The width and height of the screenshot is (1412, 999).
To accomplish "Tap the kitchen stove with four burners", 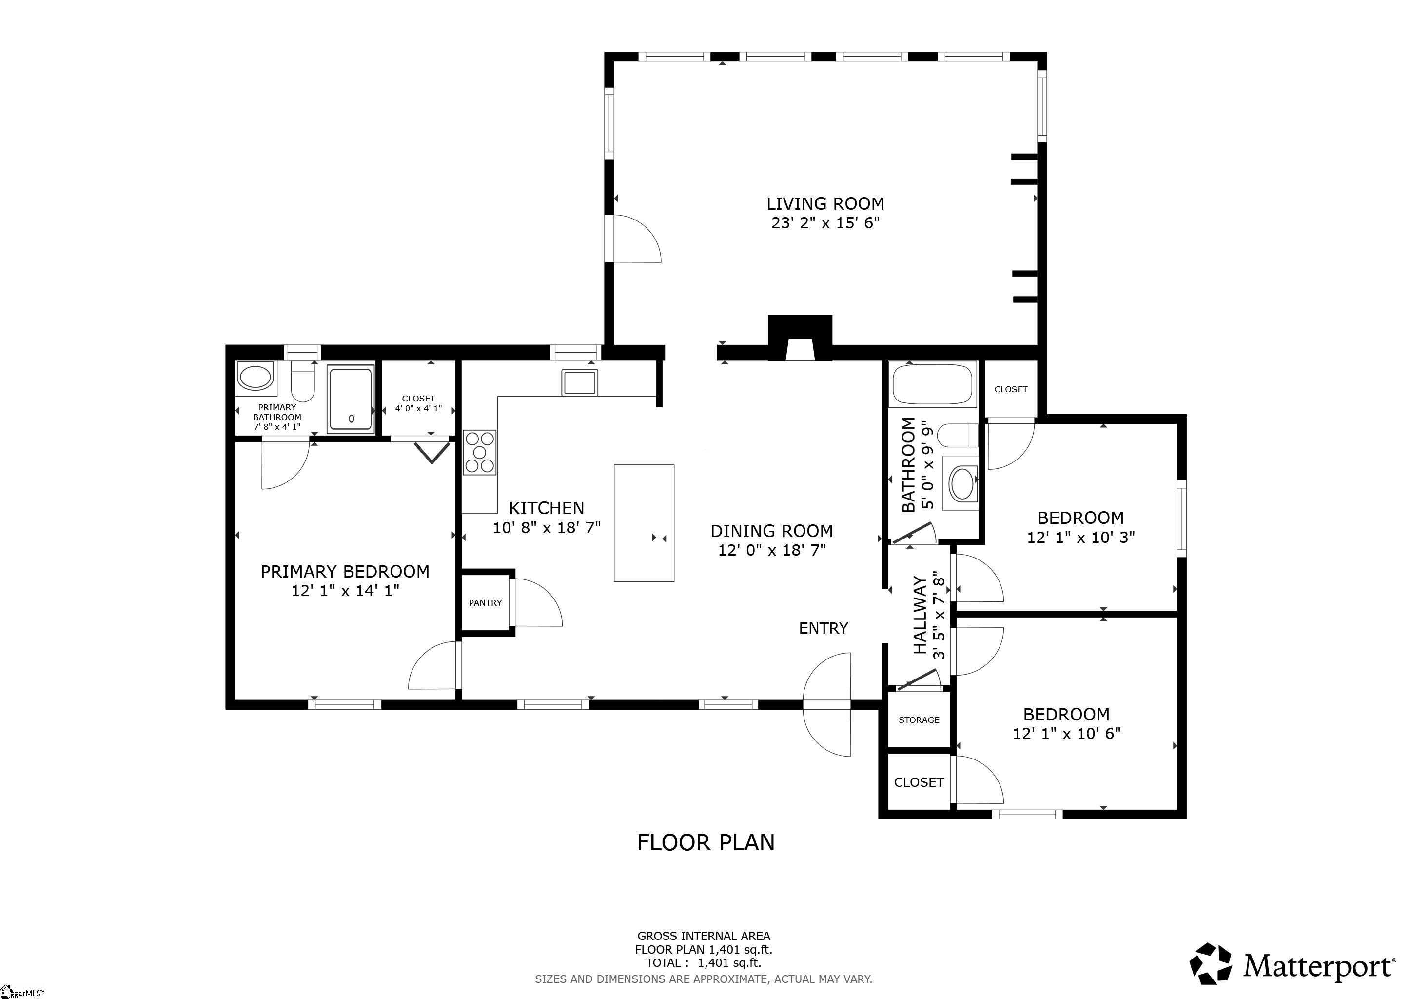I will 479,452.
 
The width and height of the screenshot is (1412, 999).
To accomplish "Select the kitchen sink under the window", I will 579,382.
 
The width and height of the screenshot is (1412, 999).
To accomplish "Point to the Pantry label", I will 485,603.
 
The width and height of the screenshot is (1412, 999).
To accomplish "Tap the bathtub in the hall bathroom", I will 932,384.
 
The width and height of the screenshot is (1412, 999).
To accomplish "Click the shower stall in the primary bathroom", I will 351,399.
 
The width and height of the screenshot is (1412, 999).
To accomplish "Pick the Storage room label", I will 919,719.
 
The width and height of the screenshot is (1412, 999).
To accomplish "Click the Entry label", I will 824,628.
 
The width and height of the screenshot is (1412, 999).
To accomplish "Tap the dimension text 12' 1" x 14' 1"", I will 345,591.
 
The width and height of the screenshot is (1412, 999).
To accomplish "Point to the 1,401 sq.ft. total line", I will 703,963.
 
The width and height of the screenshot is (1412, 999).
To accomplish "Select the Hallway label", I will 920,615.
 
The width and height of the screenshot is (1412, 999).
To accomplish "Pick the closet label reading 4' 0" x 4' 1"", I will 418,408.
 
